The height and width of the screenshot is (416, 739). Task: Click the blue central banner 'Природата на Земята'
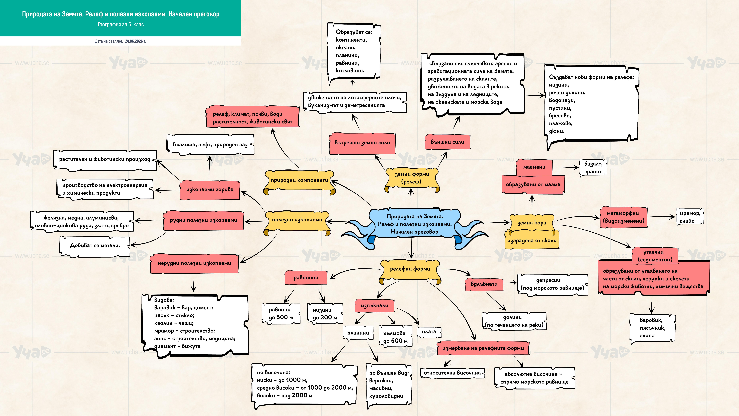415,224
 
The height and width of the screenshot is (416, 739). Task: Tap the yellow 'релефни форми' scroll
410,270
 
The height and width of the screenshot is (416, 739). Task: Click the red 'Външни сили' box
447,142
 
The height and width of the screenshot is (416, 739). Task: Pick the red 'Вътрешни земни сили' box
362,143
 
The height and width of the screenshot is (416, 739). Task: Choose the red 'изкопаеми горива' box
210,190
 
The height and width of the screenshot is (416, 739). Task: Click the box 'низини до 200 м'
325,314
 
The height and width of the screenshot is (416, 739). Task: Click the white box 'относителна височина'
452,373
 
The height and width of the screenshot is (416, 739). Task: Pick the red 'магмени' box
534,167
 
